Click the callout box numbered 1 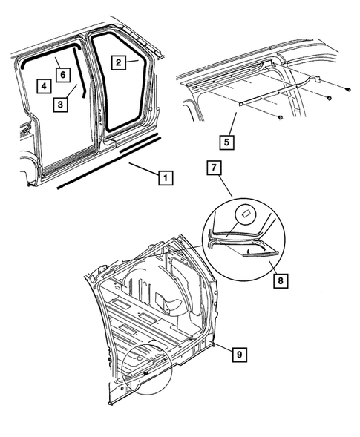166,177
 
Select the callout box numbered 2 119,62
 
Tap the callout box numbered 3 61,105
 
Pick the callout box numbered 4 44,86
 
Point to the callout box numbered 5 226,142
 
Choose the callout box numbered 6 63,75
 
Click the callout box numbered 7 214,168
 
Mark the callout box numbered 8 281,280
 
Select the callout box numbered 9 240,355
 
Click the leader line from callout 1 143,169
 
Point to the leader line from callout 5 232,124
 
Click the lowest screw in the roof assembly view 281,117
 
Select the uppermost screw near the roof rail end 347,89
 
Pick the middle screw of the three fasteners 330,98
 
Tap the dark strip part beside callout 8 261,253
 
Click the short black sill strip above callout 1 139,143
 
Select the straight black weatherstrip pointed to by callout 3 79,73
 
